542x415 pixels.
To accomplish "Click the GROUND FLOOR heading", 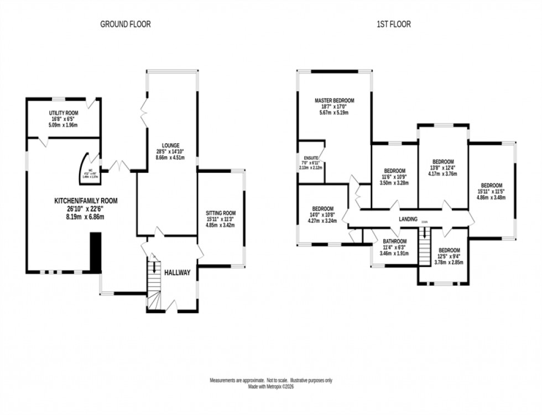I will [125, 24].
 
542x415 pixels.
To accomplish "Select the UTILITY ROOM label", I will [63, 113].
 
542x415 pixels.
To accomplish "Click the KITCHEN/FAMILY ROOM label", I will [85, 201].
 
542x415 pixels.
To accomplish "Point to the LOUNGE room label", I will [170, 145].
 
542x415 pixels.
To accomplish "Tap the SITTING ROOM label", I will [221, 213].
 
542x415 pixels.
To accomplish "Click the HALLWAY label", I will [177, 272].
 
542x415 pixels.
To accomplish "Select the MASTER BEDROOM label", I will [334, 101].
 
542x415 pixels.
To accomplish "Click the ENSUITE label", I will [310, 157].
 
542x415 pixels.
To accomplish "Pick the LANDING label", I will [408, 219].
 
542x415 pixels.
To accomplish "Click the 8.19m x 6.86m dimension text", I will [85, 217].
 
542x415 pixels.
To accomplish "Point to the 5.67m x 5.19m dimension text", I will [334, 113].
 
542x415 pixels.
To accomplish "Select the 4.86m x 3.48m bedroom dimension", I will [491, 197].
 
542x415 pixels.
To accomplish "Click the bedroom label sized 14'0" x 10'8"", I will [322, 209].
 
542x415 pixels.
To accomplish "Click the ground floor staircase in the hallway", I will [153, 282].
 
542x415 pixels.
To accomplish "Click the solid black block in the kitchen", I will [96, 252].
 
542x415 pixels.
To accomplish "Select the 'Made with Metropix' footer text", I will [270, 387].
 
